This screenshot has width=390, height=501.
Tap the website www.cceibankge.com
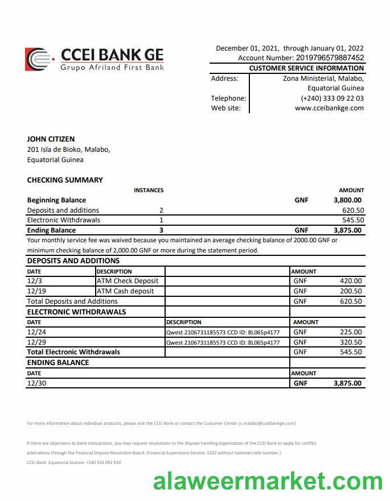329,108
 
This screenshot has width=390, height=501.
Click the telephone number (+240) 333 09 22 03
332,98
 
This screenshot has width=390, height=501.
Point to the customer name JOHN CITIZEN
51,139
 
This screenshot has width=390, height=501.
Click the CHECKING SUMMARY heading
65,180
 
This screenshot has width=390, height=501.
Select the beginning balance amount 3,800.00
347,200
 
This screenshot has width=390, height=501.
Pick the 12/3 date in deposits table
34,281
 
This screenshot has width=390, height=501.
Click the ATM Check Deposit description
128,281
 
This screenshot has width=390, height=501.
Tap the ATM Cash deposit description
125,291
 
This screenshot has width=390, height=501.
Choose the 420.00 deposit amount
351,281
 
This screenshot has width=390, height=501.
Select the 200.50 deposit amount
351,291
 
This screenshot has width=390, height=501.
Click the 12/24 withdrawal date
36,332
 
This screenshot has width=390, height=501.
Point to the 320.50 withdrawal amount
351,342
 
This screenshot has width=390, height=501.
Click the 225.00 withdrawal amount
351,332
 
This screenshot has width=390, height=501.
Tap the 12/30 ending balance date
36,383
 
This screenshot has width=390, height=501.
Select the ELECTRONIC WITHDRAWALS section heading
76,312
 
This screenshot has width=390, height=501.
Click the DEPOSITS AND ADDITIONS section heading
73,261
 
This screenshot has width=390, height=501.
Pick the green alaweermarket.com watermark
268,482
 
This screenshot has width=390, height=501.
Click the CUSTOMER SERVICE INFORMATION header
306,68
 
